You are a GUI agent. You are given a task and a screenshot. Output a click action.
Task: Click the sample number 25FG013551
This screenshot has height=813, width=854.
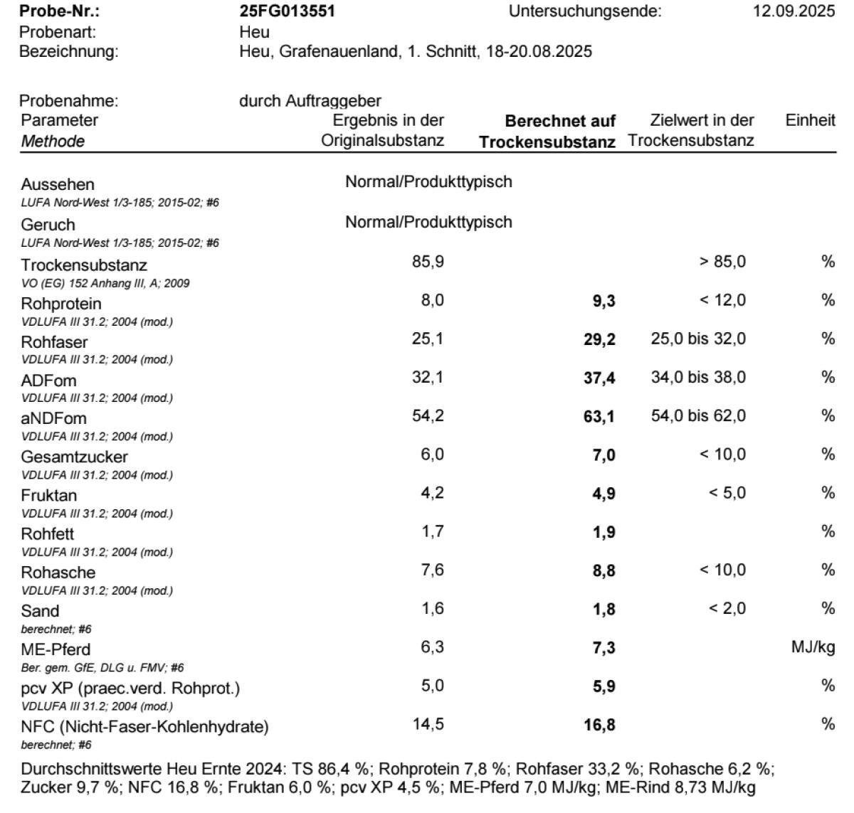(288, 11)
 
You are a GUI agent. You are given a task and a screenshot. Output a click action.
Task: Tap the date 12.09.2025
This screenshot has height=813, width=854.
(794, 11)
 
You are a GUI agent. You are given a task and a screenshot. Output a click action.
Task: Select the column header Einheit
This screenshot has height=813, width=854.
(810, 120)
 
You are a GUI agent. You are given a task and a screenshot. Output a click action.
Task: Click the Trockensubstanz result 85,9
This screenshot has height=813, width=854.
(428, 262)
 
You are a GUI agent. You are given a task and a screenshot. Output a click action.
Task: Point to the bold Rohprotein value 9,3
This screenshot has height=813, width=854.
(603, 302)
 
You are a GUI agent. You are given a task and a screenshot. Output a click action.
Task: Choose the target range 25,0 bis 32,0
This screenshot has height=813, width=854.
(698, 339)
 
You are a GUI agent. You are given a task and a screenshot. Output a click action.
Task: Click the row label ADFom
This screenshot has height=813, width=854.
(48, 381)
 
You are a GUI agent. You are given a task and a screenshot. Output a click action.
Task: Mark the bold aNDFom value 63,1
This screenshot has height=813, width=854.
(599, 417)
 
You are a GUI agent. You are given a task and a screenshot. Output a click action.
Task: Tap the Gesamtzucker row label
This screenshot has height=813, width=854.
(74, 457)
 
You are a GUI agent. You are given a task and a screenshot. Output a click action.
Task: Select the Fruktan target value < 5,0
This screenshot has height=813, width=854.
(727, 493)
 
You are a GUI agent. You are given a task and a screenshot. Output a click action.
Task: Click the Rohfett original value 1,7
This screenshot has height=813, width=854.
(433, 531)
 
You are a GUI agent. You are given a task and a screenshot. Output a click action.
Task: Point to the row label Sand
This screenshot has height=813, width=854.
(40, 611)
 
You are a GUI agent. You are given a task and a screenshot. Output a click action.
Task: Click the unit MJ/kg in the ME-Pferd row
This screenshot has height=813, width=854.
(813, 647)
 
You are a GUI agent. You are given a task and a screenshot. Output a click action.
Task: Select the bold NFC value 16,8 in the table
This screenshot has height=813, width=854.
(599, 726)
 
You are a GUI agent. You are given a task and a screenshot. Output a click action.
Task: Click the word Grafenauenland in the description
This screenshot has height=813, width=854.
(338, 52)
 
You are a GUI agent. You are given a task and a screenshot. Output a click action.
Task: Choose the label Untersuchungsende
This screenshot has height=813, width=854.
(585, 11)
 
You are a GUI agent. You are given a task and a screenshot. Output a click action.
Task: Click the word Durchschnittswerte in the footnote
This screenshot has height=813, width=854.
(92, 769)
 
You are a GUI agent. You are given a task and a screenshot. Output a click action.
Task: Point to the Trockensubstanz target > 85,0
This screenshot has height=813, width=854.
(722, 262)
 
